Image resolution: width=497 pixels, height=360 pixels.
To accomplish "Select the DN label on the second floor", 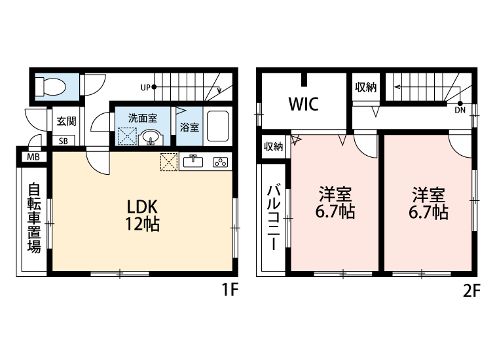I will point(460,110).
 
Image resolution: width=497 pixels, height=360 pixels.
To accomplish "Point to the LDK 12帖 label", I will point(143,215).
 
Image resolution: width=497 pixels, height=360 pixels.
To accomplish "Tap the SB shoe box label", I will point(64,141).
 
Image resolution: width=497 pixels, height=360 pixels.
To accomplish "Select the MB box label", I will point(32,157).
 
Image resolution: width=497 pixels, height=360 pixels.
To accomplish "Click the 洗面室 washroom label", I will point(142,118).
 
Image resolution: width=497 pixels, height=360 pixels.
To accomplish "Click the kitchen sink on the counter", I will point(193,162).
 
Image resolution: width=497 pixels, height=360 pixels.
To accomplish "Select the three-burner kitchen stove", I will point(219,162).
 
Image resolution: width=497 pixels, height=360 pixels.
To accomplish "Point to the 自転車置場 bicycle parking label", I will point(33,219).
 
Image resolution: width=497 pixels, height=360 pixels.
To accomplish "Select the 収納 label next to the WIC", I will point(365,88).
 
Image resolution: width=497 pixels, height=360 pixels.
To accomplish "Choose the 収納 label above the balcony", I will point(273,147).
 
